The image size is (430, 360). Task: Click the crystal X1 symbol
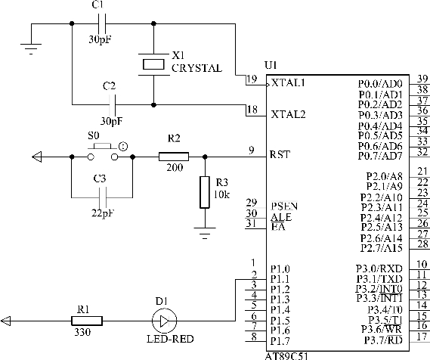pos(153,64)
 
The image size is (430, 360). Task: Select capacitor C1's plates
pos(102,23)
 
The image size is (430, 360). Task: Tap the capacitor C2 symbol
pos(112,104)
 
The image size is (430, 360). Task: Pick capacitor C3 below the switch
pos(102,197)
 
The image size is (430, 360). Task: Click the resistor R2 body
pos(174,157)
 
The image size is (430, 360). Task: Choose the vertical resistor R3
pos(205,192)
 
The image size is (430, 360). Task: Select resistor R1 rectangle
pos(87,321)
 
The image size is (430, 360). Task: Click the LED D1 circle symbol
pos(164,321)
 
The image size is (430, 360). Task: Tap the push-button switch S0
pos(103,152)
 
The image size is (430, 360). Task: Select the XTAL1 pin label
pos(288,82)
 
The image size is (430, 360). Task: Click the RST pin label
pos(280,154)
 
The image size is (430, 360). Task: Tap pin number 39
pos(422,79)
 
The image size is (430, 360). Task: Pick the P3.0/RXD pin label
pos(379,268)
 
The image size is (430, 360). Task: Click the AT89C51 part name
pos(286,356)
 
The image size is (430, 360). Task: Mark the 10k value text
pos(221,194)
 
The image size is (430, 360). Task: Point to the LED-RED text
pos(170,339)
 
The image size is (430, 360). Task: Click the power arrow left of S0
pos(37,157)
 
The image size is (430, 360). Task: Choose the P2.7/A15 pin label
pos(382,248)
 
